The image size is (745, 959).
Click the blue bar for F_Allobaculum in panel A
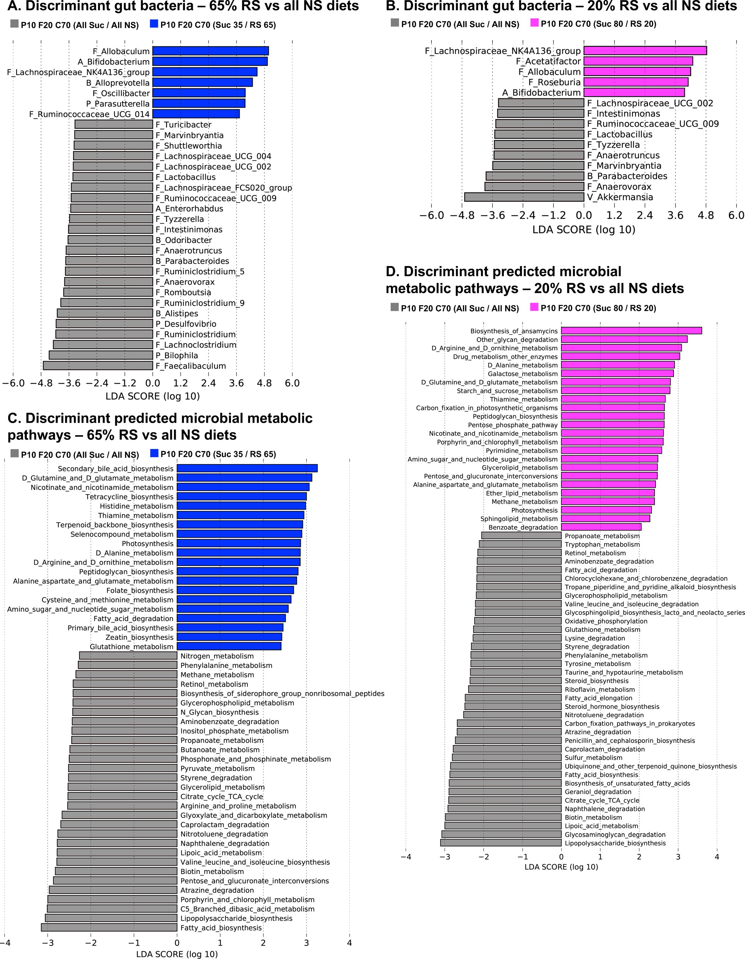(x=210, y=51)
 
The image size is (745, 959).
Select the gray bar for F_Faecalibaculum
(x=98, y=365)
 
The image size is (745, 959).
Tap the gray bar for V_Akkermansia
(x=524, y=197)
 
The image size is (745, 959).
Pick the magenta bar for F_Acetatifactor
(x=638, y=61)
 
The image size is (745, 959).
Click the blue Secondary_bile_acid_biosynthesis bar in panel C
(x=247, y=468)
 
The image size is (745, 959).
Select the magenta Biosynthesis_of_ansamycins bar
(x=631, y=331)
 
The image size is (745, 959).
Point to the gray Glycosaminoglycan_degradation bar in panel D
(x=501, y=834)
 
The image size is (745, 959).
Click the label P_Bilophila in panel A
(x=176, y=355)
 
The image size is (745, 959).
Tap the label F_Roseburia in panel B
(x=554, y=82)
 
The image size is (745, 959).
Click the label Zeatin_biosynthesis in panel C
(x=139, y=637)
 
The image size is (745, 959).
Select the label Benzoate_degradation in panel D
(x=523, y=527)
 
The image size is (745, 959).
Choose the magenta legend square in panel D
(x=534, y=307)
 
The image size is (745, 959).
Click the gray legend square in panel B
(x=395, y=23)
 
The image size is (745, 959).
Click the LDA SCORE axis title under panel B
(x=583, y=230)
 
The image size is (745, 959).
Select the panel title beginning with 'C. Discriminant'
(x=160, y=426)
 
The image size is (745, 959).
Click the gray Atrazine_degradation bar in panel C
(x=113, y=890)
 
